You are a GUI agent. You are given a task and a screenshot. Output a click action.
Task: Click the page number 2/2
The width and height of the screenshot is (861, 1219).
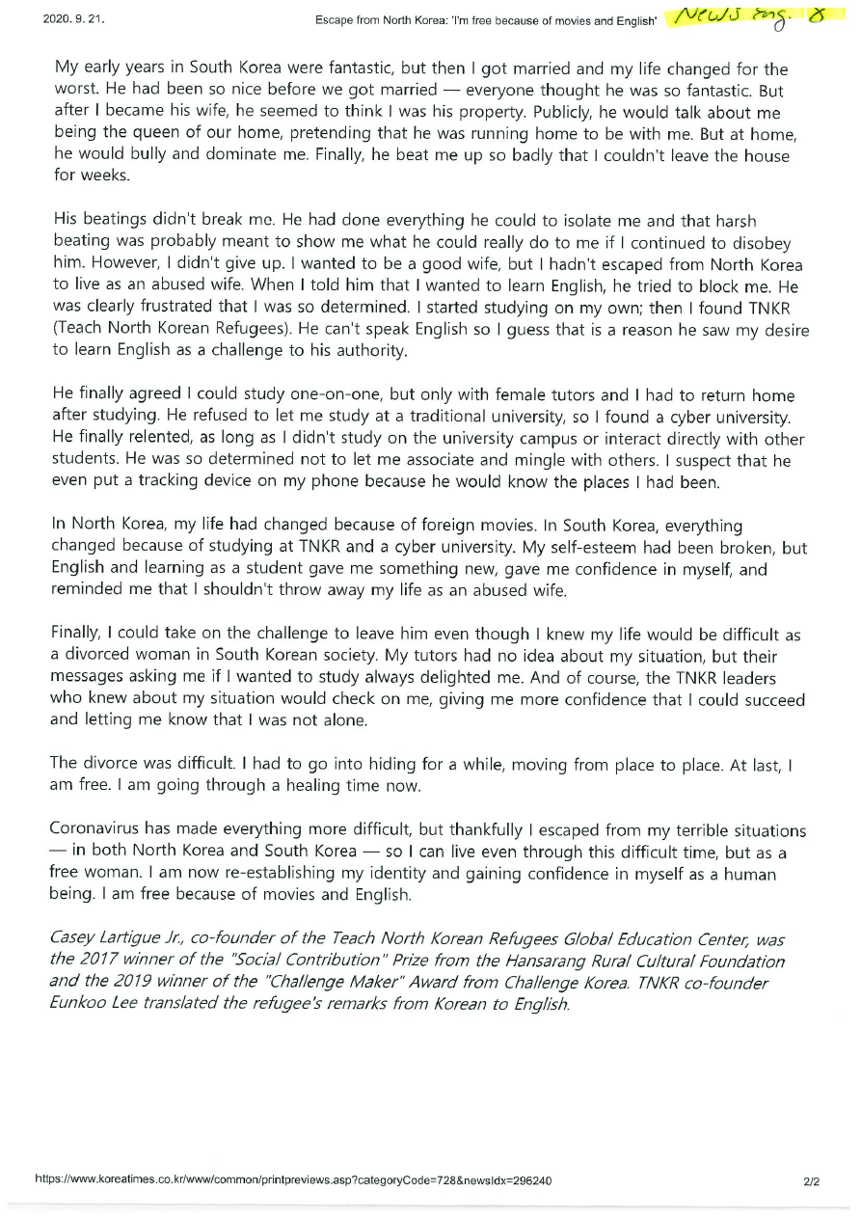(x=810, y=1180)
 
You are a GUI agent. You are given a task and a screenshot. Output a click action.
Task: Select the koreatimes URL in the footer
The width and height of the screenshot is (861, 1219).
(x=293, y=1180)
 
